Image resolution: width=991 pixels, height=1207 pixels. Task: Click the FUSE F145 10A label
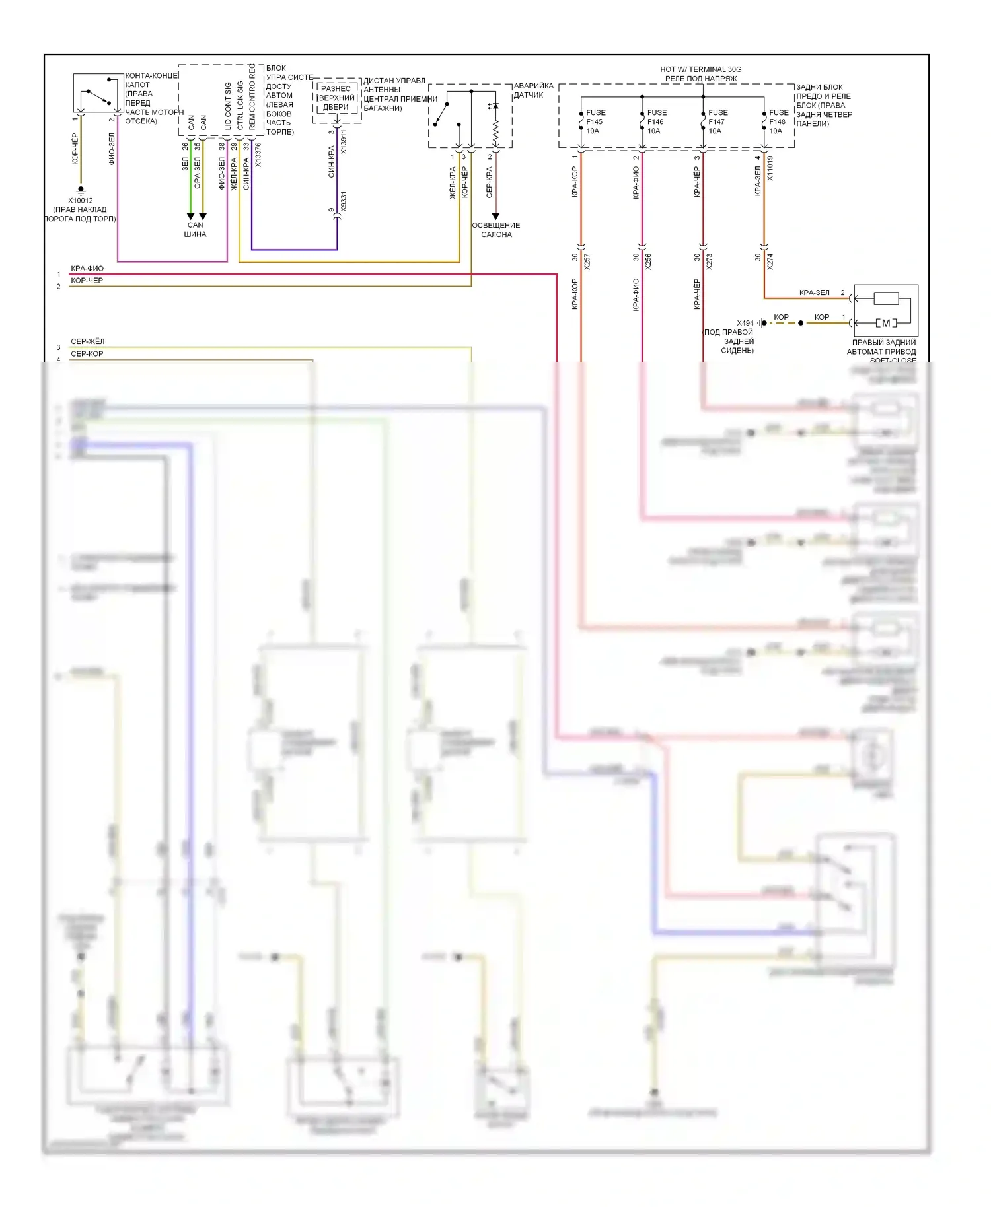(595, 121)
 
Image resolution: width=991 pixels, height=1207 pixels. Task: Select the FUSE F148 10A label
(778, 121)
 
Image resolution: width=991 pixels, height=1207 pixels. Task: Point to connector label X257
(587, 261)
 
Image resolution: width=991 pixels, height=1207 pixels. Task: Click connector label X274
(770, 261)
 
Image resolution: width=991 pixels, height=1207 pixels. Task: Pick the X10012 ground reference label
(81, 201)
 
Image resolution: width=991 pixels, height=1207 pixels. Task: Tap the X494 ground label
(745, 324)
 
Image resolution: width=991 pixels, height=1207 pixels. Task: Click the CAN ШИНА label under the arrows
(196, 230)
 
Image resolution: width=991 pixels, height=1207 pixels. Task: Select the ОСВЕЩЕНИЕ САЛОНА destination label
(496, 230)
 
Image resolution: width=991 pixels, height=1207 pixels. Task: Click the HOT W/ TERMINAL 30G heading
(700, 69)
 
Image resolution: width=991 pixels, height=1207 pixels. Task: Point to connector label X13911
(343, 142)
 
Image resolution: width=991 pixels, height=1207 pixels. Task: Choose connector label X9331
(343, 202)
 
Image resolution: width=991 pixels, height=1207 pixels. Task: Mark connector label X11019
(770, 168)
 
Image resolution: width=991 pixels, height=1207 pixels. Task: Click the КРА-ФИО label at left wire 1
(87, 269)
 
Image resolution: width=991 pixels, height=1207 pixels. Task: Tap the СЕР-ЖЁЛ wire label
(88, 341)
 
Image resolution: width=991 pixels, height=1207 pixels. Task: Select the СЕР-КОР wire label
(87, 354)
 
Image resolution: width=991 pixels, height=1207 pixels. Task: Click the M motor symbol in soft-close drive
(885, 323)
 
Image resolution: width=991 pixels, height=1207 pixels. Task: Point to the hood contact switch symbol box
(98, 93)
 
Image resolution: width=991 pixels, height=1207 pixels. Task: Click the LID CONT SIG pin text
(228, 106)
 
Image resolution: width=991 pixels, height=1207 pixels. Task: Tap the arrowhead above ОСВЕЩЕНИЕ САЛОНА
(495, 217)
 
